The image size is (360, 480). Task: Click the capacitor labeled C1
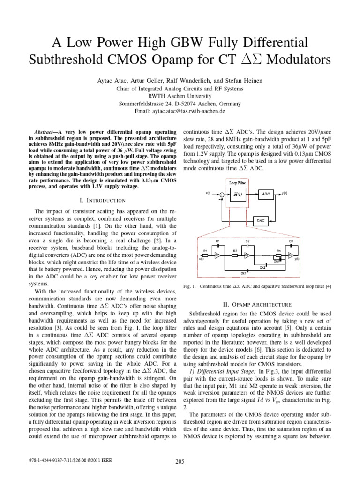coord(217,246)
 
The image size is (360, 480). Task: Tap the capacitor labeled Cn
coord(291,246)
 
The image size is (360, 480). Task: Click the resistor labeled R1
coord(205,255)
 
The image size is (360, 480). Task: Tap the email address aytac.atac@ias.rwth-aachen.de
coord(180,111)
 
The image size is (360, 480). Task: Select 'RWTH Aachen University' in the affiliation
coord(180,96)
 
